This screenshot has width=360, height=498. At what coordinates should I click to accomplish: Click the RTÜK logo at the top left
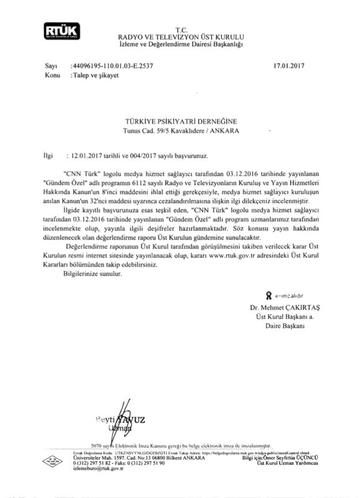59,31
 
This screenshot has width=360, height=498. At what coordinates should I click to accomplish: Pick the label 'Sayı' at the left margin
42,66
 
